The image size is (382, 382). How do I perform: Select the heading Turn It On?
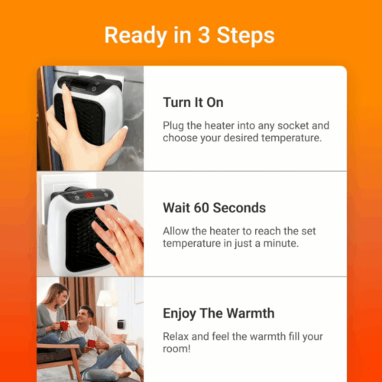[x=194, y=102]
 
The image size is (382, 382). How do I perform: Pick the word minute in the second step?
[x=281, y=244]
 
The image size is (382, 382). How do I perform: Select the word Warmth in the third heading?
[x=249, y=312]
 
